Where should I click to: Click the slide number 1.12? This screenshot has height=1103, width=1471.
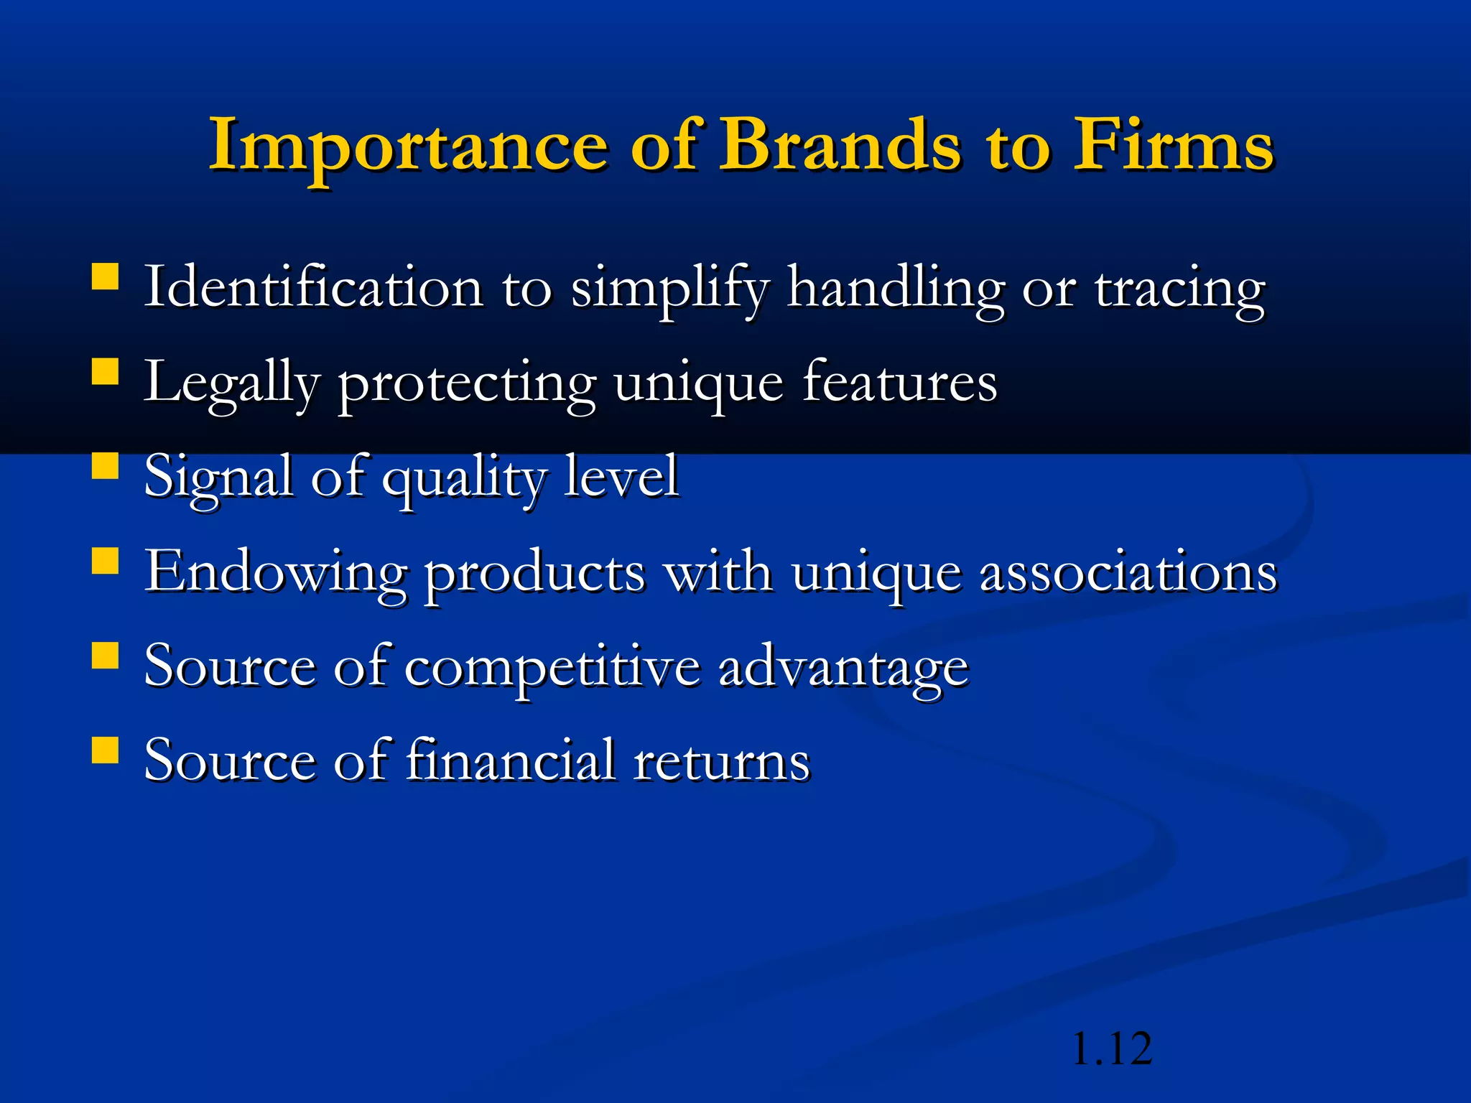1111,1048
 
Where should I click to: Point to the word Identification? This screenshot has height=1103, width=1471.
313,287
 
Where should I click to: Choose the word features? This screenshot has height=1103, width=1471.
899,381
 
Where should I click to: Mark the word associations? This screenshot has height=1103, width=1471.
1128,572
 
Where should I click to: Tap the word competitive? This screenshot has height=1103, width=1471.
552,667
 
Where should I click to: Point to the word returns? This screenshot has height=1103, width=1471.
721,761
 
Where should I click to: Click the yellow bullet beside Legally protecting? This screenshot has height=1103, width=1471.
106,373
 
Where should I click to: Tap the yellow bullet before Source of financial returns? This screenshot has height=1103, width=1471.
106,750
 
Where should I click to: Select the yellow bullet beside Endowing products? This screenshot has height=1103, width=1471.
106,562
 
